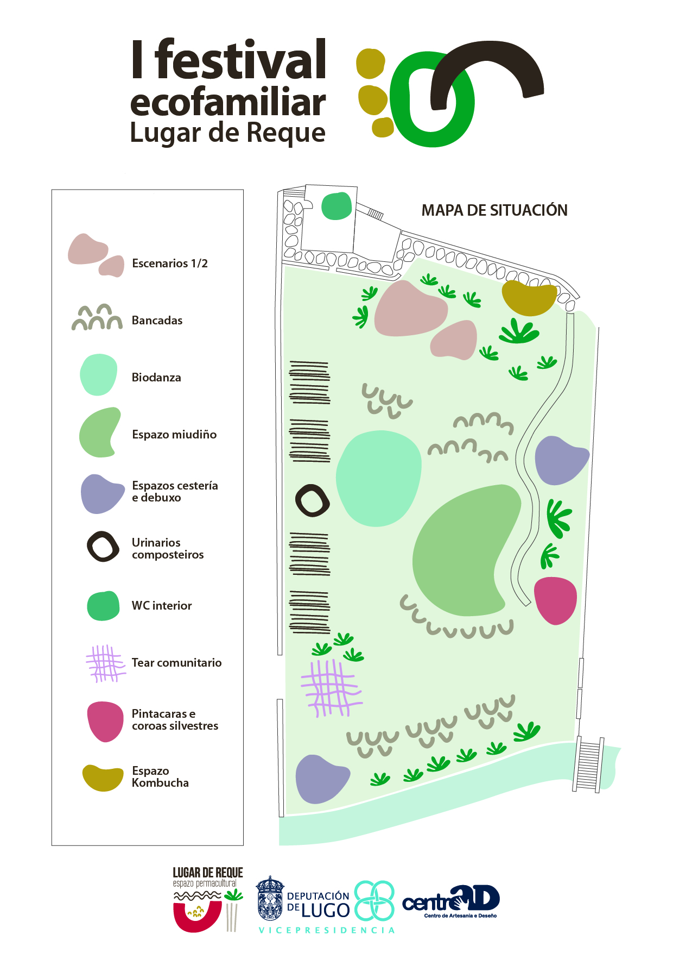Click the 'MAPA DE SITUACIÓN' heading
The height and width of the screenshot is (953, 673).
point(494,210)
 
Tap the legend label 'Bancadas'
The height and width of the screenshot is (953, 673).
point(157,321)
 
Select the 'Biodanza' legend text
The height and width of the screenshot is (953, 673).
point(156,378)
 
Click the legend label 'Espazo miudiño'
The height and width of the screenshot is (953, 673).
point(174,435)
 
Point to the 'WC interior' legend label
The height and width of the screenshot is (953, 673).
point(162,606)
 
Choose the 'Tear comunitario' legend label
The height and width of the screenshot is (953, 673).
point(176,663)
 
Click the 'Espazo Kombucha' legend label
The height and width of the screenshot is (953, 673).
point(160,777)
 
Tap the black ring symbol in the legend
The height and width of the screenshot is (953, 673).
point(103,547)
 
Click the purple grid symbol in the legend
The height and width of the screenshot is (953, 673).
point(105,663)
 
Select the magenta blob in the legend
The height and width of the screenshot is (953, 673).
point(105,721)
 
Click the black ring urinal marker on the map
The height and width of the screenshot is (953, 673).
point(312,500)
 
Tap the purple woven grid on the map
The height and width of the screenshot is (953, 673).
point(331,687)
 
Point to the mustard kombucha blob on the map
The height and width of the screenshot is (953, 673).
point(528,298)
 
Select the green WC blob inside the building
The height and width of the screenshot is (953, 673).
point(336,206)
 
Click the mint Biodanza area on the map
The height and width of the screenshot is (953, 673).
point(378,478)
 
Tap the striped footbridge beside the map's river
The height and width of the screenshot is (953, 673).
point(588,765)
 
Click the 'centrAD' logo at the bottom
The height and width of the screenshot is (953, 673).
point(452,901)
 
